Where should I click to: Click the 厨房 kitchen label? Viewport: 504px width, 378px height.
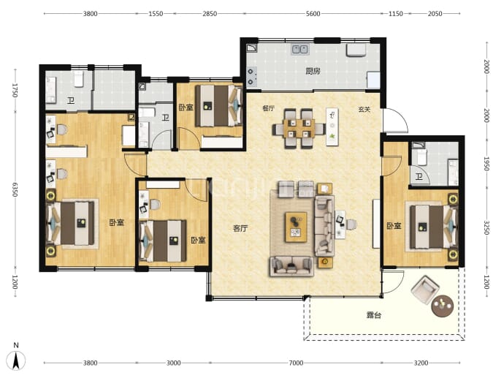tap(313, 71)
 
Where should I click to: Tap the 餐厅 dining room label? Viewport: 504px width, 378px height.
tap(268, 108)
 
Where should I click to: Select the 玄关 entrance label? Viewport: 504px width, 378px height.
tap(364, 110)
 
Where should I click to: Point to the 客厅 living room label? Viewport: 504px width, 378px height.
tap(240, 228)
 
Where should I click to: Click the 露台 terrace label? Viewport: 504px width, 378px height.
tap(374, 314)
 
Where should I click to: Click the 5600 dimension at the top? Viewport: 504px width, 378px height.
tap(313, 13)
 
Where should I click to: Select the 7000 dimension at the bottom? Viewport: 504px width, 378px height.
tap(296, 363)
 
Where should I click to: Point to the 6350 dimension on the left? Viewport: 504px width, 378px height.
tap(15, 189)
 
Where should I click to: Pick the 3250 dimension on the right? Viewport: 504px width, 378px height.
tap(486, 228)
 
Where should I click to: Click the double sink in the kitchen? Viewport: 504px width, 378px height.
tap(300, 50)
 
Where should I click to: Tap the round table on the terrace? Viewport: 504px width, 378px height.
tap(443, 306)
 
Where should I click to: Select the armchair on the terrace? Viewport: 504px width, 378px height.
tap(425, 290)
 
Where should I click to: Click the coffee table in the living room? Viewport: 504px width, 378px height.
tap(296, 227)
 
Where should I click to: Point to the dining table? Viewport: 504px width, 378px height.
tap(299, 128)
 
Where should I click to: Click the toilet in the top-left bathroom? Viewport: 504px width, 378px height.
tap(79, 79)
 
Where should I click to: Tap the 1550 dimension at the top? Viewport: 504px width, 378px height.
tap(156, 13)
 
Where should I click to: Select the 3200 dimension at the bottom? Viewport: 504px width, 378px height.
tap(421, 363)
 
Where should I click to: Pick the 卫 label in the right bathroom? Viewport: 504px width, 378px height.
tap(419, 176)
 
